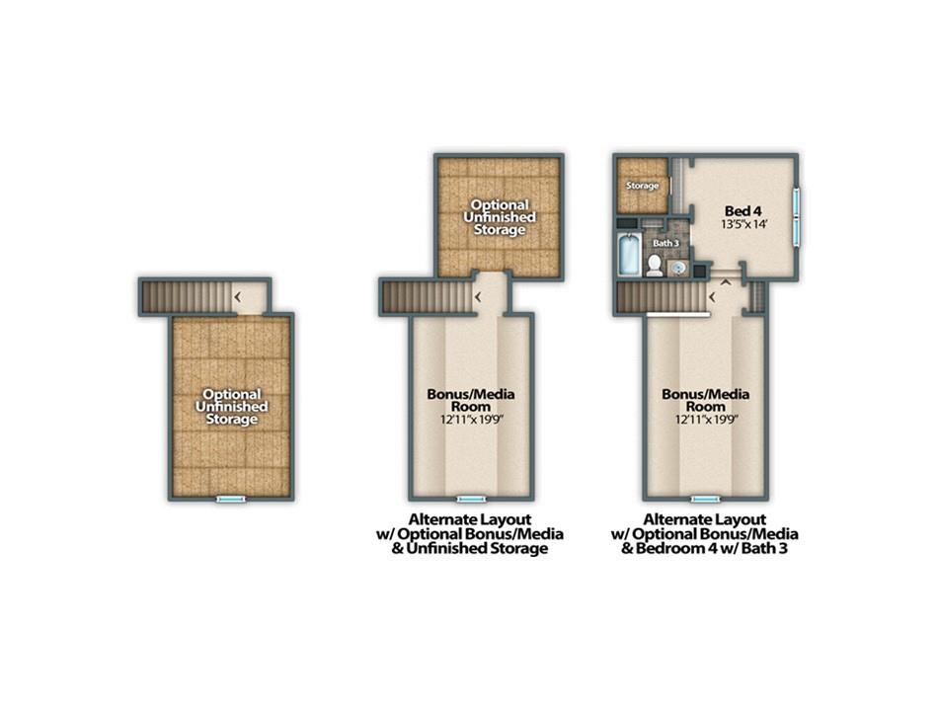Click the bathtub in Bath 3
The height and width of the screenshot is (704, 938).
click(x=629, y=255)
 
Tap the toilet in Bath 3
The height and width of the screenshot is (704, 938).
click(x=655, y=265)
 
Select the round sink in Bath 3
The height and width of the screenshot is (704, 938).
click(x=677, y=268)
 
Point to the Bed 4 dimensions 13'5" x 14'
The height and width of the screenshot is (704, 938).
click(x=743, y=225)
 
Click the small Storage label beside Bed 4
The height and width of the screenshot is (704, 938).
click(x=643, y=186)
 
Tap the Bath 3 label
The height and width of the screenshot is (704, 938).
click(x=665, y=244)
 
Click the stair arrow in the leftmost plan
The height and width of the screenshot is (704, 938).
click(x=238, y=296)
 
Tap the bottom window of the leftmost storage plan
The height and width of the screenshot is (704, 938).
click(x=231, y=499)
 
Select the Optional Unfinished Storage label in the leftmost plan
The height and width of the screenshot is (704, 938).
click(x=231, y=407)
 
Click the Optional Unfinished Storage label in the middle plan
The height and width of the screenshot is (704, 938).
click(x=500, y=217)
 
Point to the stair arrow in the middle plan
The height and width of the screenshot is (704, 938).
click(x=478, y=296)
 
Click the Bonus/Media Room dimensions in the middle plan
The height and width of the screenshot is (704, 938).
click(x=471, y=420)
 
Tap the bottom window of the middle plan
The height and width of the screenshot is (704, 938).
click(x=471, y=499)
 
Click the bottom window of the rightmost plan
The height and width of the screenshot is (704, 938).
click(x=706, y=499)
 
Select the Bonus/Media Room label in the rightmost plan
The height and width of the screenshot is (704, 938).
click(x=706, y=400)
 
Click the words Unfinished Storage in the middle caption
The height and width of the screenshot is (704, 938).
click(x=477, y=548)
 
